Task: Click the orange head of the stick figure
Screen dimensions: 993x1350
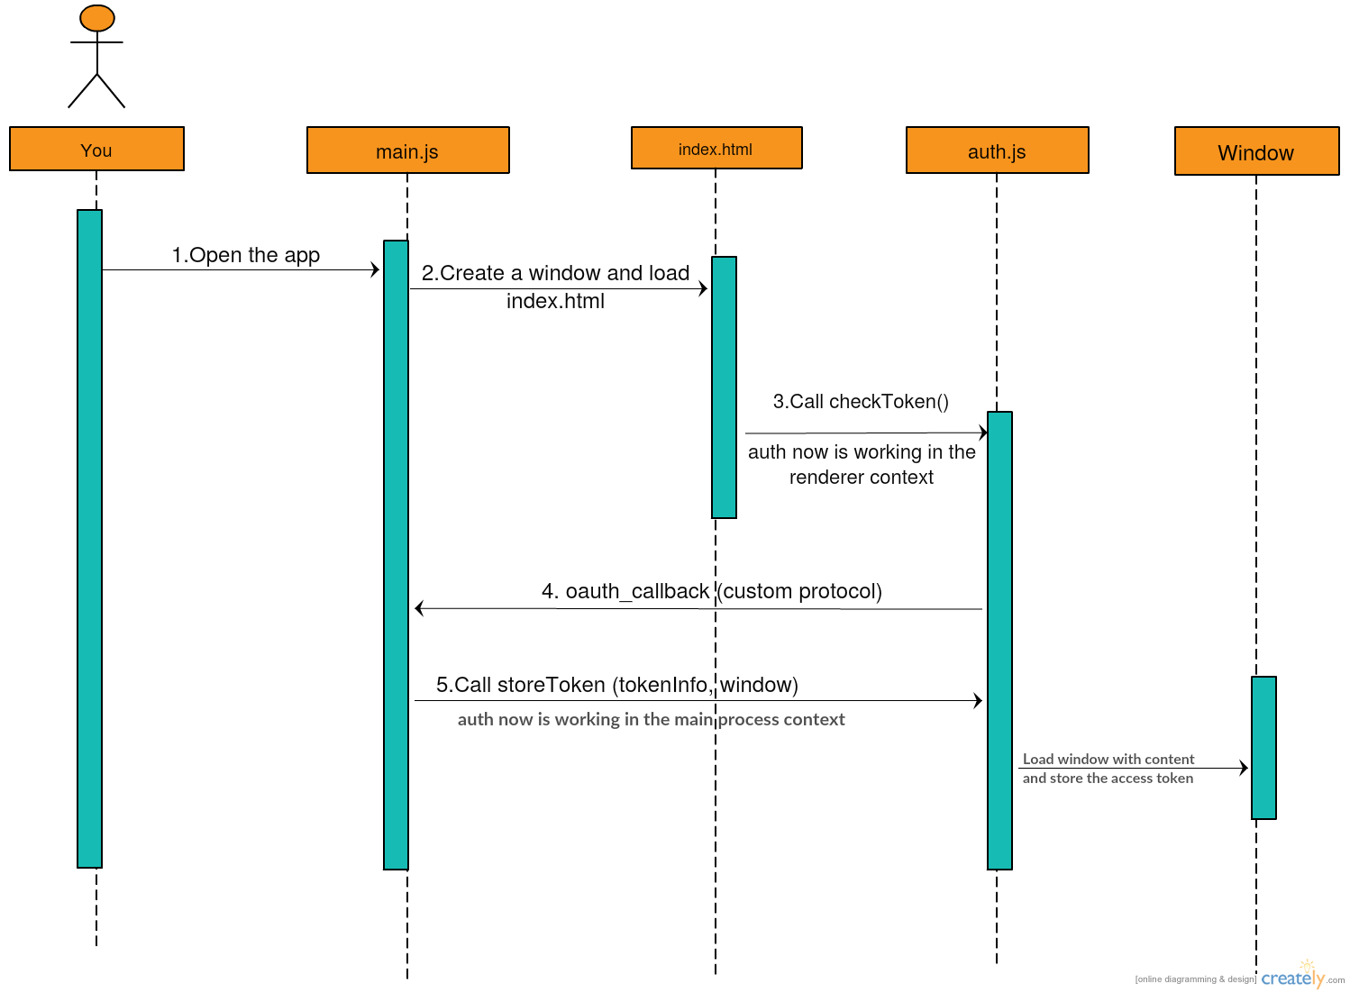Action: point(96,18)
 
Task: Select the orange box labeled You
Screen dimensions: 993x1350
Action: point(96,149)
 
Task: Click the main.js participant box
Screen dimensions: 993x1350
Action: point(407,150)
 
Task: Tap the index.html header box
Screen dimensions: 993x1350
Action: point(716,148)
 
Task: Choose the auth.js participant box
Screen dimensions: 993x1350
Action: point(997,150)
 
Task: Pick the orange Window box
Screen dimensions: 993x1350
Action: point(1256,151)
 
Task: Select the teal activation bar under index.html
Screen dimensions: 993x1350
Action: point(724,387)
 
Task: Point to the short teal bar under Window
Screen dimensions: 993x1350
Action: point(1263,747)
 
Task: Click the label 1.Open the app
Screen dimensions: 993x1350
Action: point(245,255)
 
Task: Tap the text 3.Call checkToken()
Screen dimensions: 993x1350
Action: point(861,402)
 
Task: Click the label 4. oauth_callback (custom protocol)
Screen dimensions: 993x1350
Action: point(711,591)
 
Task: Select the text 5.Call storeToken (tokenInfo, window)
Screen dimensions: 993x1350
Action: point(616,685)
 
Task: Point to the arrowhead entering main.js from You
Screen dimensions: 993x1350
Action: point(376,269)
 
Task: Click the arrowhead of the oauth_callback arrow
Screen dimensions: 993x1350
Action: point(419,608)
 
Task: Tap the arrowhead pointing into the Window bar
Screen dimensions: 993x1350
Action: point(1245,768)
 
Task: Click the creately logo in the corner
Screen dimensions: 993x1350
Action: point(1292,978)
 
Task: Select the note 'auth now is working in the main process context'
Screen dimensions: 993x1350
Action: point(651,719)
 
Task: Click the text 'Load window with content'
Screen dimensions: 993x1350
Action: point(1108,759)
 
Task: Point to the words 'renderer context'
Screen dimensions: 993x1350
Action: point(861,478)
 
